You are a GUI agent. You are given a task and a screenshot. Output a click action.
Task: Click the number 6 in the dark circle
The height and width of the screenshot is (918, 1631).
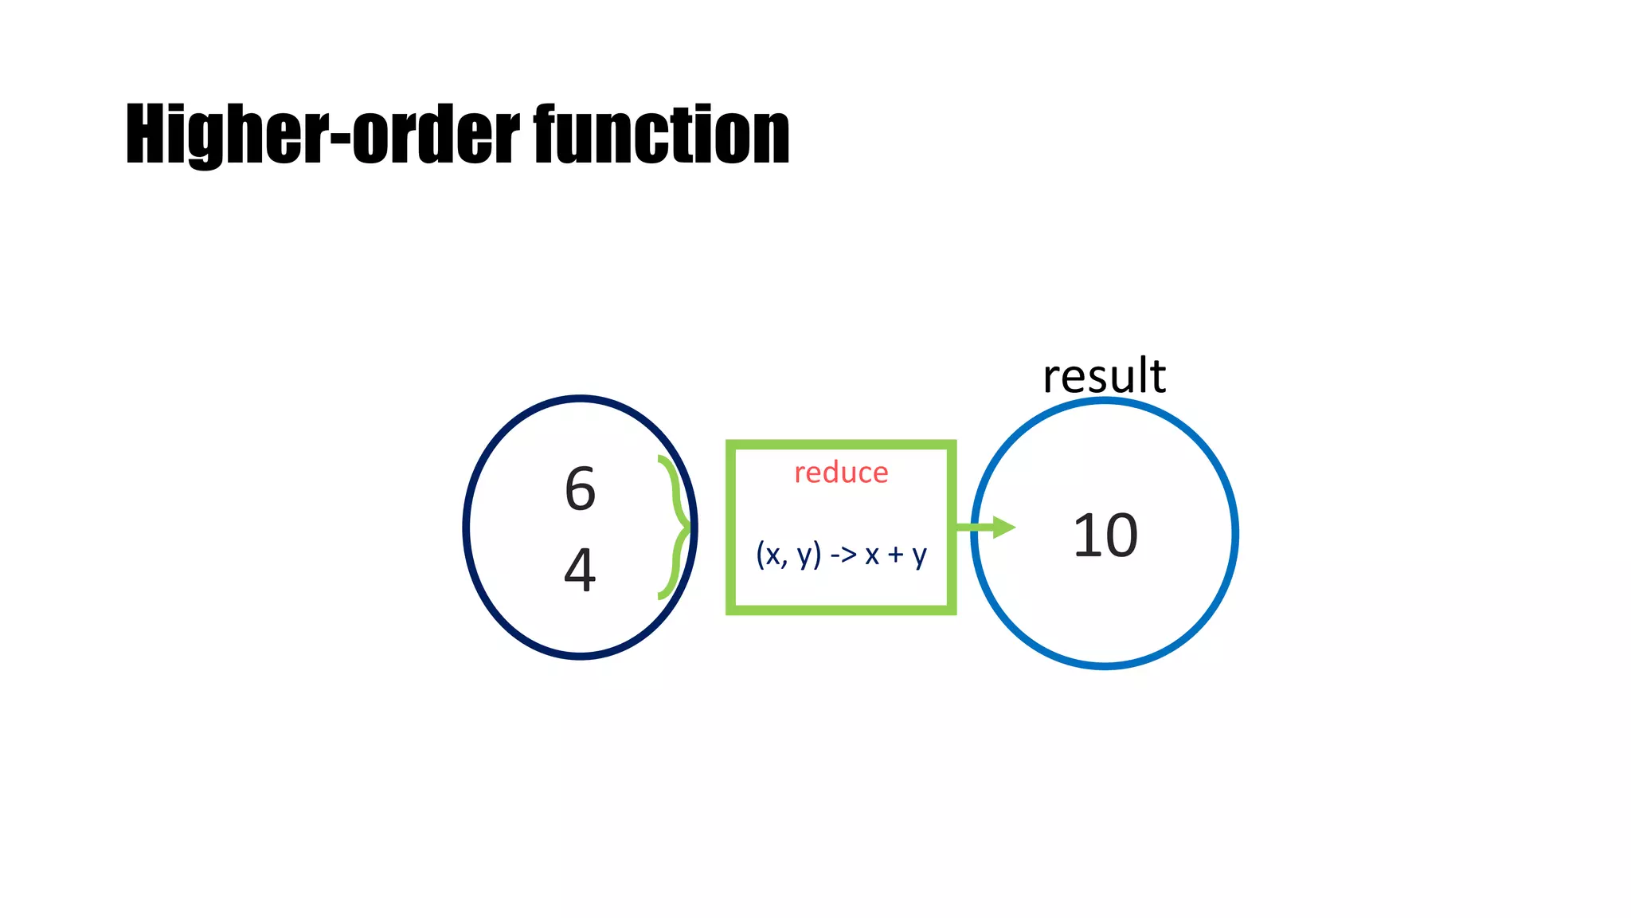click(580, 488)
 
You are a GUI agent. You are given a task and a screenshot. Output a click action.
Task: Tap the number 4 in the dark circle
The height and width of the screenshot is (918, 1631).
click(580, 569)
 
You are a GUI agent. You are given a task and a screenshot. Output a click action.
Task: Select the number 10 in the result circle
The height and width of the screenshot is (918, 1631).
click(1105, 535)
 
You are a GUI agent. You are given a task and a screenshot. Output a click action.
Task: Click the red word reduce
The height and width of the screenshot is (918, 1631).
click(841, 473)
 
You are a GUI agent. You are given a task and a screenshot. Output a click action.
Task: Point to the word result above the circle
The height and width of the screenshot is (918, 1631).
click(1104, 376)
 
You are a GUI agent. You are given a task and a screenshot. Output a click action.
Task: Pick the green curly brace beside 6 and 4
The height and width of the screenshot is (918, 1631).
click(675, 527)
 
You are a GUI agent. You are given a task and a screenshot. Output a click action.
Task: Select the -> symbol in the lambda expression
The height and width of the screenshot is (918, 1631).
click(843, 554)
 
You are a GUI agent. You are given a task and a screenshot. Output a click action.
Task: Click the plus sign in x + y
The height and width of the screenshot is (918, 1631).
click(896, 554)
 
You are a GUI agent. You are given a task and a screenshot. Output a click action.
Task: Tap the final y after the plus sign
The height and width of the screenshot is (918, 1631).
click(919, 555)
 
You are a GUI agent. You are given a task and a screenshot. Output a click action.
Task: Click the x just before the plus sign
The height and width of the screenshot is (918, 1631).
click(872, 555)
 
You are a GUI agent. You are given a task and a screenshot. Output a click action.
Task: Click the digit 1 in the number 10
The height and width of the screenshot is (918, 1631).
click(1086, 535)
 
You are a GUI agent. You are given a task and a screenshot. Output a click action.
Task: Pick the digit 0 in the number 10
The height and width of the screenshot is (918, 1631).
click(1121, 535)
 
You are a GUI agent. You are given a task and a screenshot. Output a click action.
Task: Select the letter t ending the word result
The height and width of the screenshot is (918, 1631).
click(1157, 376)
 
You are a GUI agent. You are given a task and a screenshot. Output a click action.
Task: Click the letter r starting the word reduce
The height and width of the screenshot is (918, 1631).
click(800, 474)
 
